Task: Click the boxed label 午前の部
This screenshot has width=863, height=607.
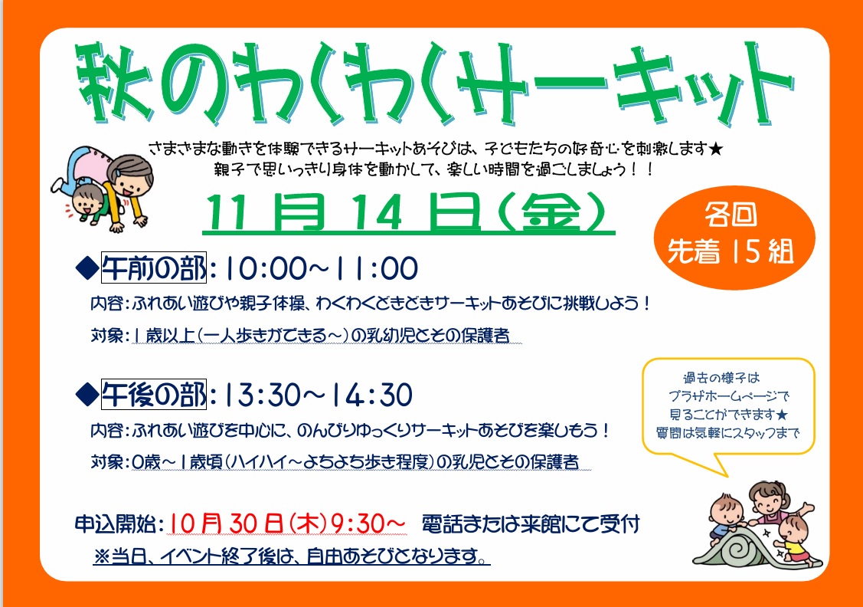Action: [x=154, y=267]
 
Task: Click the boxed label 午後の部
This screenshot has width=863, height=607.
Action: [x=154, y=395]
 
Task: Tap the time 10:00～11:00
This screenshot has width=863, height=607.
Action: [x=320, y=268]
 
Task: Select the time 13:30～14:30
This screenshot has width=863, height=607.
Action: [x=318, y=395]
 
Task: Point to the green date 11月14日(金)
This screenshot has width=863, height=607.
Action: [x=408, y=212]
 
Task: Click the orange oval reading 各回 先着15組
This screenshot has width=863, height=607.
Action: [x=734, y=237]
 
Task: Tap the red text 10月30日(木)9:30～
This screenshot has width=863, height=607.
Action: [x=286, y=523]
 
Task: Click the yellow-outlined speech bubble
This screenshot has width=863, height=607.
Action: [x=728, y=410]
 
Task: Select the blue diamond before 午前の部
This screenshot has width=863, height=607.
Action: [x=87, y=269]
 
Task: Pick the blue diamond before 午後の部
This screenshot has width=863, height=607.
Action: [x=87, y=395]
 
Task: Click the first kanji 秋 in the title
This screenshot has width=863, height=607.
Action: [x=115, y=83]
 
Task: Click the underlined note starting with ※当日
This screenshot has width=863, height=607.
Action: [x=292, y=556]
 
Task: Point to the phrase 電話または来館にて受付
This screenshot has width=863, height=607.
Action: [x=531, y=523]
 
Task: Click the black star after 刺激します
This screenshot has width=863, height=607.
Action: [x=715, y=149]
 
